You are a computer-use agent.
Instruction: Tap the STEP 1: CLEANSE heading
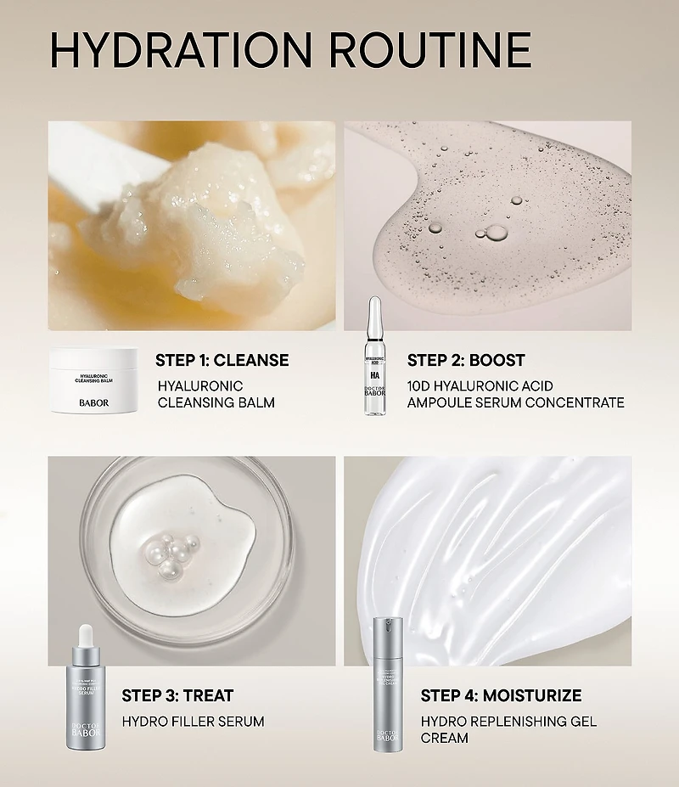[x=222, y=360]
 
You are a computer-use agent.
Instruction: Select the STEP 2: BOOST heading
[x=466, y=360]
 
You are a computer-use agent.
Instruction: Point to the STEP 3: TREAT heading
[x=177, y=696]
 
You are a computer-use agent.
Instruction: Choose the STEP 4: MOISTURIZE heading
[x=501, y=696]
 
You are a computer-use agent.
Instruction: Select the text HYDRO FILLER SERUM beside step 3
[x=193, y=722]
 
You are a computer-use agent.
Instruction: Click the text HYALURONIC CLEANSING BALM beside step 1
[x=216, y=394]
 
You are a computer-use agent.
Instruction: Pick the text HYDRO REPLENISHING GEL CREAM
[x=508, y=729]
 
